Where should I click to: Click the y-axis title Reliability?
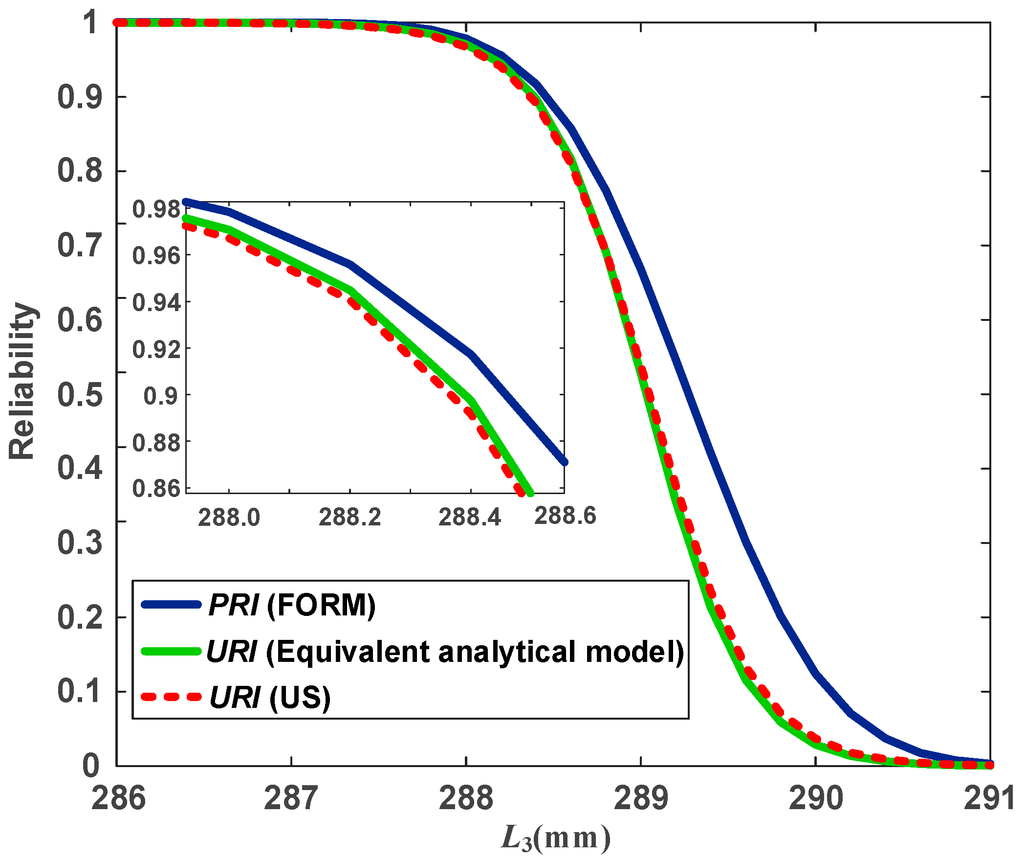22,382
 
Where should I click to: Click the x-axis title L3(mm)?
556,838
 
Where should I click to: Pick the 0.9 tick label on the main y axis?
80,97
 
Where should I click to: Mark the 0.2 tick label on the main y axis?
80,617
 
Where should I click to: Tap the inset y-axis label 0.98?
156,209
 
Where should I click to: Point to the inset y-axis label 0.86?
156,489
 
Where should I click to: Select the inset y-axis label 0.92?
156,349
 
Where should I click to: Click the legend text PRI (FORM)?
292,605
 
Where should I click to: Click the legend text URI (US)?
270,697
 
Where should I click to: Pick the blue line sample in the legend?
171,605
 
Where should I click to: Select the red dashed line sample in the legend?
171,697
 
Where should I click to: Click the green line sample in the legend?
171,651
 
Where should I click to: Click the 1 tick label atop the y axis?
91,23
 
